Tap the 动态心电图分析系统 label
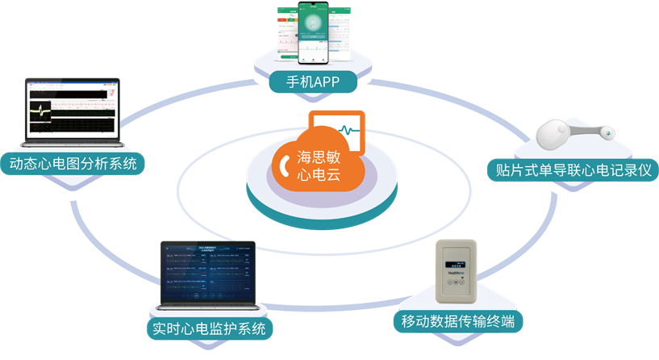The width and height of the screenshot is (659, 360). [73, 164]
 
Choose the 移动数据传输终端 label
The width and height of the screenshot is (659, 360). [457, 321]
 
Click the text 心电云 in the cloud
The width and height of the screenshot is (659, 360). [324, 176]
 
